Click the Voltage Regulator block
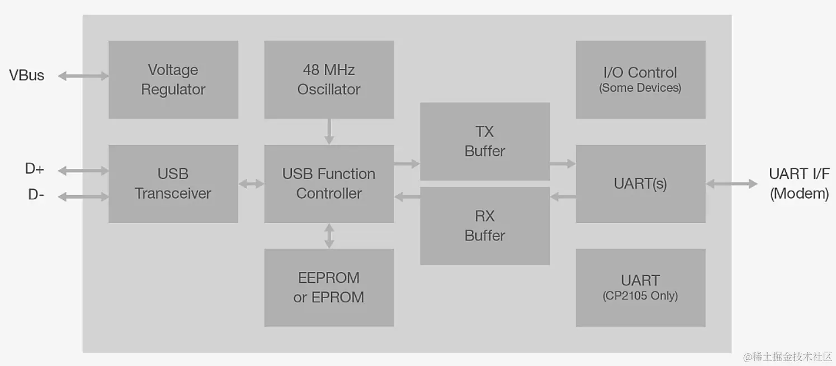[x=173, y=79]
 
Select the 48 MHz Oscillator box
[x=329, y=79]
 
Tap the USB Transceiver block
[x=173, y=184]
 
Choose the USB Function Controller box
[x=329, y=184]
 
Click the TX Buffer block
[x=484, y=141]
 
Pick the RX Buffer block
[x=484, y=226]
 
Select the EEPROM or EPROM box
[x=329, y=287]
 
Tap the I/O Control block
[x=640, y=79]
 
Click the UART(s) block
[x=640, y=184]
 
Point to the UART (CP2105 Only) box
[x=640, y=287]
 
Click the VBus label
[x=26, y=76]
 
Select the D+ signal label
[x=35, y=169]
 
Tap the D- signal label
[x=36, y=195]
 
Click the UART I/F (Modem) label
[x=799, y=184]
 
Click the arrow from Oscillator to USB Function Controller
[x=329, y=132]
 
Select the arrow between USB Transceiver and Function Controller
[x=251, y=184]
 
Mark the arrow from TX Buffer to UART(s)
[x=562, y=163]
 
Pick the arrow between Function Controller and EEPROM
[x=329, y=236]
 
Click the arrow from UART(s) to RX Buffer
[x=563, y=196]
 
